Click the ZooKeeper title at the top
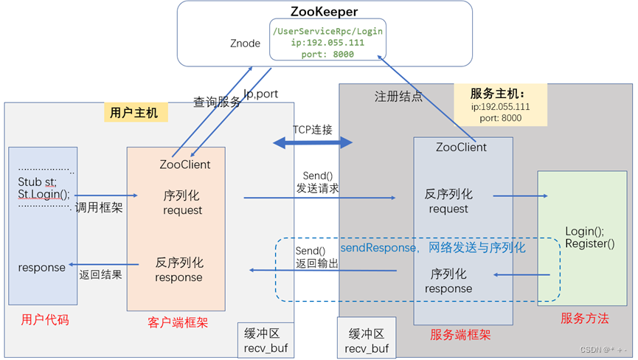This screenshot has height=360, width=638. point(325,12)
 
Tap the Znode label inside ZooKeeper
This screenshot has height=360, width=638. point(245,44)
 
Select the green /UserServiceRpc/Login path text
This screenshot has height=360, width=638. point(327,31)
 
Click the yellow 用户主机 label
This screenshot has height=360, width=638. point(134,112)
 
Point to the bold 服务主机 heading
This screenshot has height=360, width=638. point(498,94)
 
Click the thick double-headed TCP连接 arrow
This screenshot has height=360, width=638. point(313,142)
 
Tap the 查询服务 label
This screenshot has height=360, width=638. point(217,103)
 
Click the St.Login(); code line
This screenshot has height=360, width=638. point(44,194)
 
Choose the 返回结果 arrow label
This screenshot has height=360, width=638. point(100,274)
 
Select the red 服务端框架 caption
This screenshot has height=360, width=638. point(461,334)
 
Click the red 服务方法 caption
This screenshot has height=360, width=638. point(585,318)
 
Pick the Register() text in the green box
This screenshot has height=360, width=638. point(589,243)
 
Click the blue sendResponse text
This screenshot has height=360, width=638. point(378,248)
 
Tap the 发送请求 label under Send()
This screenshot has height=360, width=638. point(318,188)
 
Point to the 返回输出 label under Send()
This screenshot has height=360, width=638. point(317,263)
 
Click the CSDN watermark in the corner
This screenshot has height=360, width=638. point(603,350)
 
